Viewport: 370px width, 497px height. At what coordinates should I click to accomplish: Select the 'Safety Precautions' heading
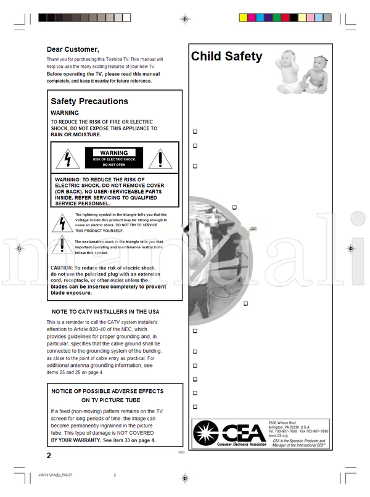(x=89, y=101)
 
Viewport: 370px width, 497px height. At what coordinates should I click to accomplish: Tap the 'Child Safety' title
(x=226, y=57)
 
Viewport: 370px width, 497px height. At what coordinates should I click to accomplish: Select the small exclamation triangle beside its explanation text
(x=62, y=247)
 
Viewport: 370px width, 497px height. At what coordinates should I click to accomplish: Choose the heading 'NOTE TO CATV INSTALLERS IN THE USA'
(x=105, y=312)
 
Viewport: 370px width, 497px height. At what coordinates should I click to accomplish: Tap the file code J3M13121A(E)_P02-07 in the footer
(x=56, y=475)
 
